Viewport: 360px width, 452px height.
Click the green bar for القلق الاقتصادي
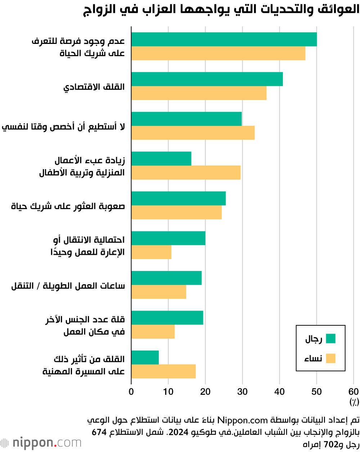[x=207, y=79]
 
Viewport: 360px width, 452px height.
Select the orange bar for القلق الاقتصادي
[x=199, y=93]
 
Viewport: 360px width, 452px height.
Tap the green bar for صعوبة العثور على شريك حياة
[x=179, y=198]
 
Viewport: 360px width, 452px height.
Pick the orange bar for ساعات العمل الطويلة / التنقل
[x=159, y=292]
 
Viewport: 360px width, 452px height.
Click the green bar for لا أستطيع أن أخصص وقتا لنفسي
[x=186, y=119]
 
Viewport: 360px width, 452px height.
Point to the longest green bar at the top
[x=224, y=39]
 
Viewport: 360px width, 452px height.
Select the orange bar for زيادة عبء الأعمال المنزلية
[x=186, y=172]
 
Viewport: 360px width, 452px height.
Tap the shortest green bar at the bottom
[x=145, y=357]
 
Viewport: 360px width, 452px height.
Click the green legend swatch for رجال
[x=330, y=339]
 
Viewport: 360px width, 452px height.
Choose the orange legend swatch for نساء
[x=330, y=358]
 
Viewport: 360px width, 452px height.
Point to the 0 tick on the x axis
[x=131, y=392]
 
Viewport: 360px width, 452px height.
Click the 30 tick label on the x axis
[x=242, y=392]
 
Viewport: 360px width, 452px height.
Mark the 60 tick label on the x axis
[x=354, y=392]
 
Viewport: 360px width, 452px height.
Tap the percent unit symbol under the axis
[x=354, y=401]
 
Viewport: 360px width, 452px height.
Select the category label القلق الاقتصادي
[x=94, y=87]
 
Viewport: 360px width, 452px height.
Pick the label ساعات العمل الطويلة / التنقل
[x=68, y=286]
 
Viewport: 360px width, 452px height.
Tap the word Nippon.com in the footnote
[x=252, y=420]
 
